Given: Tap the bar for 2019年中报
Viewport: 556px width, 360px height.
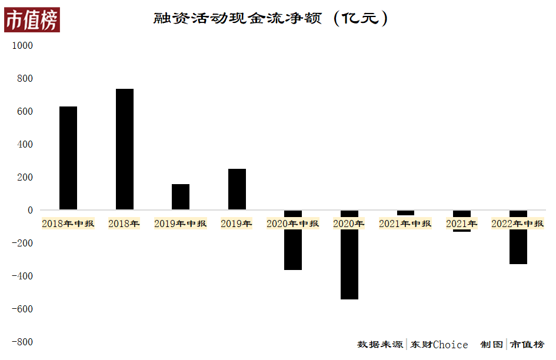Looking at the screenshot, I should click(181, 196).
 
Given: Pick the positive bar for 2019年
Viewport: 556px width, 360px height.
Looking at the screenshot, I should click(237, 189).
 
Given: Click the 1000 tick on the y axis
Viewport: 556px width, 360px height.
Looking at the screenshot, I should click(23, 45).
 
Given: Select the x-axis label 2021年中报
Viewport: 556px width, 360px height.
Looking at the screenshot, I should click(405, 224).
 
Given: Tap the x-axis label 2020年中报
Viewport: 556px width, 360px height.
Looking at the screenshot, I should click(292, 224).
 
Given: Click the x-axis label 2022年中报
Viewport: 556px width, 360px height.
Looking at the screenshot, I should click(517, 224).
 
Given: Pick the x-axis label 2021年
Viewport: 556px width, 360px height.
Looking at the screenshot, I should click(461, 224).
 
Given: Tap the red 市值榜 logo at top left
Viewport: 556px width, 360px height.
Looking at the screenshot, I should click(32, 21).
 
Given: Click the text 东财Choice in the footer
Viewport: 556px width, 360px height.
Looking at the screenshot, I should click(440, 345).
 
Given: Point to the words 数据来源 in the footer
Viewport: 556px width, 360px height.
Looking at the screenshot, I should click(380, 345).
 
